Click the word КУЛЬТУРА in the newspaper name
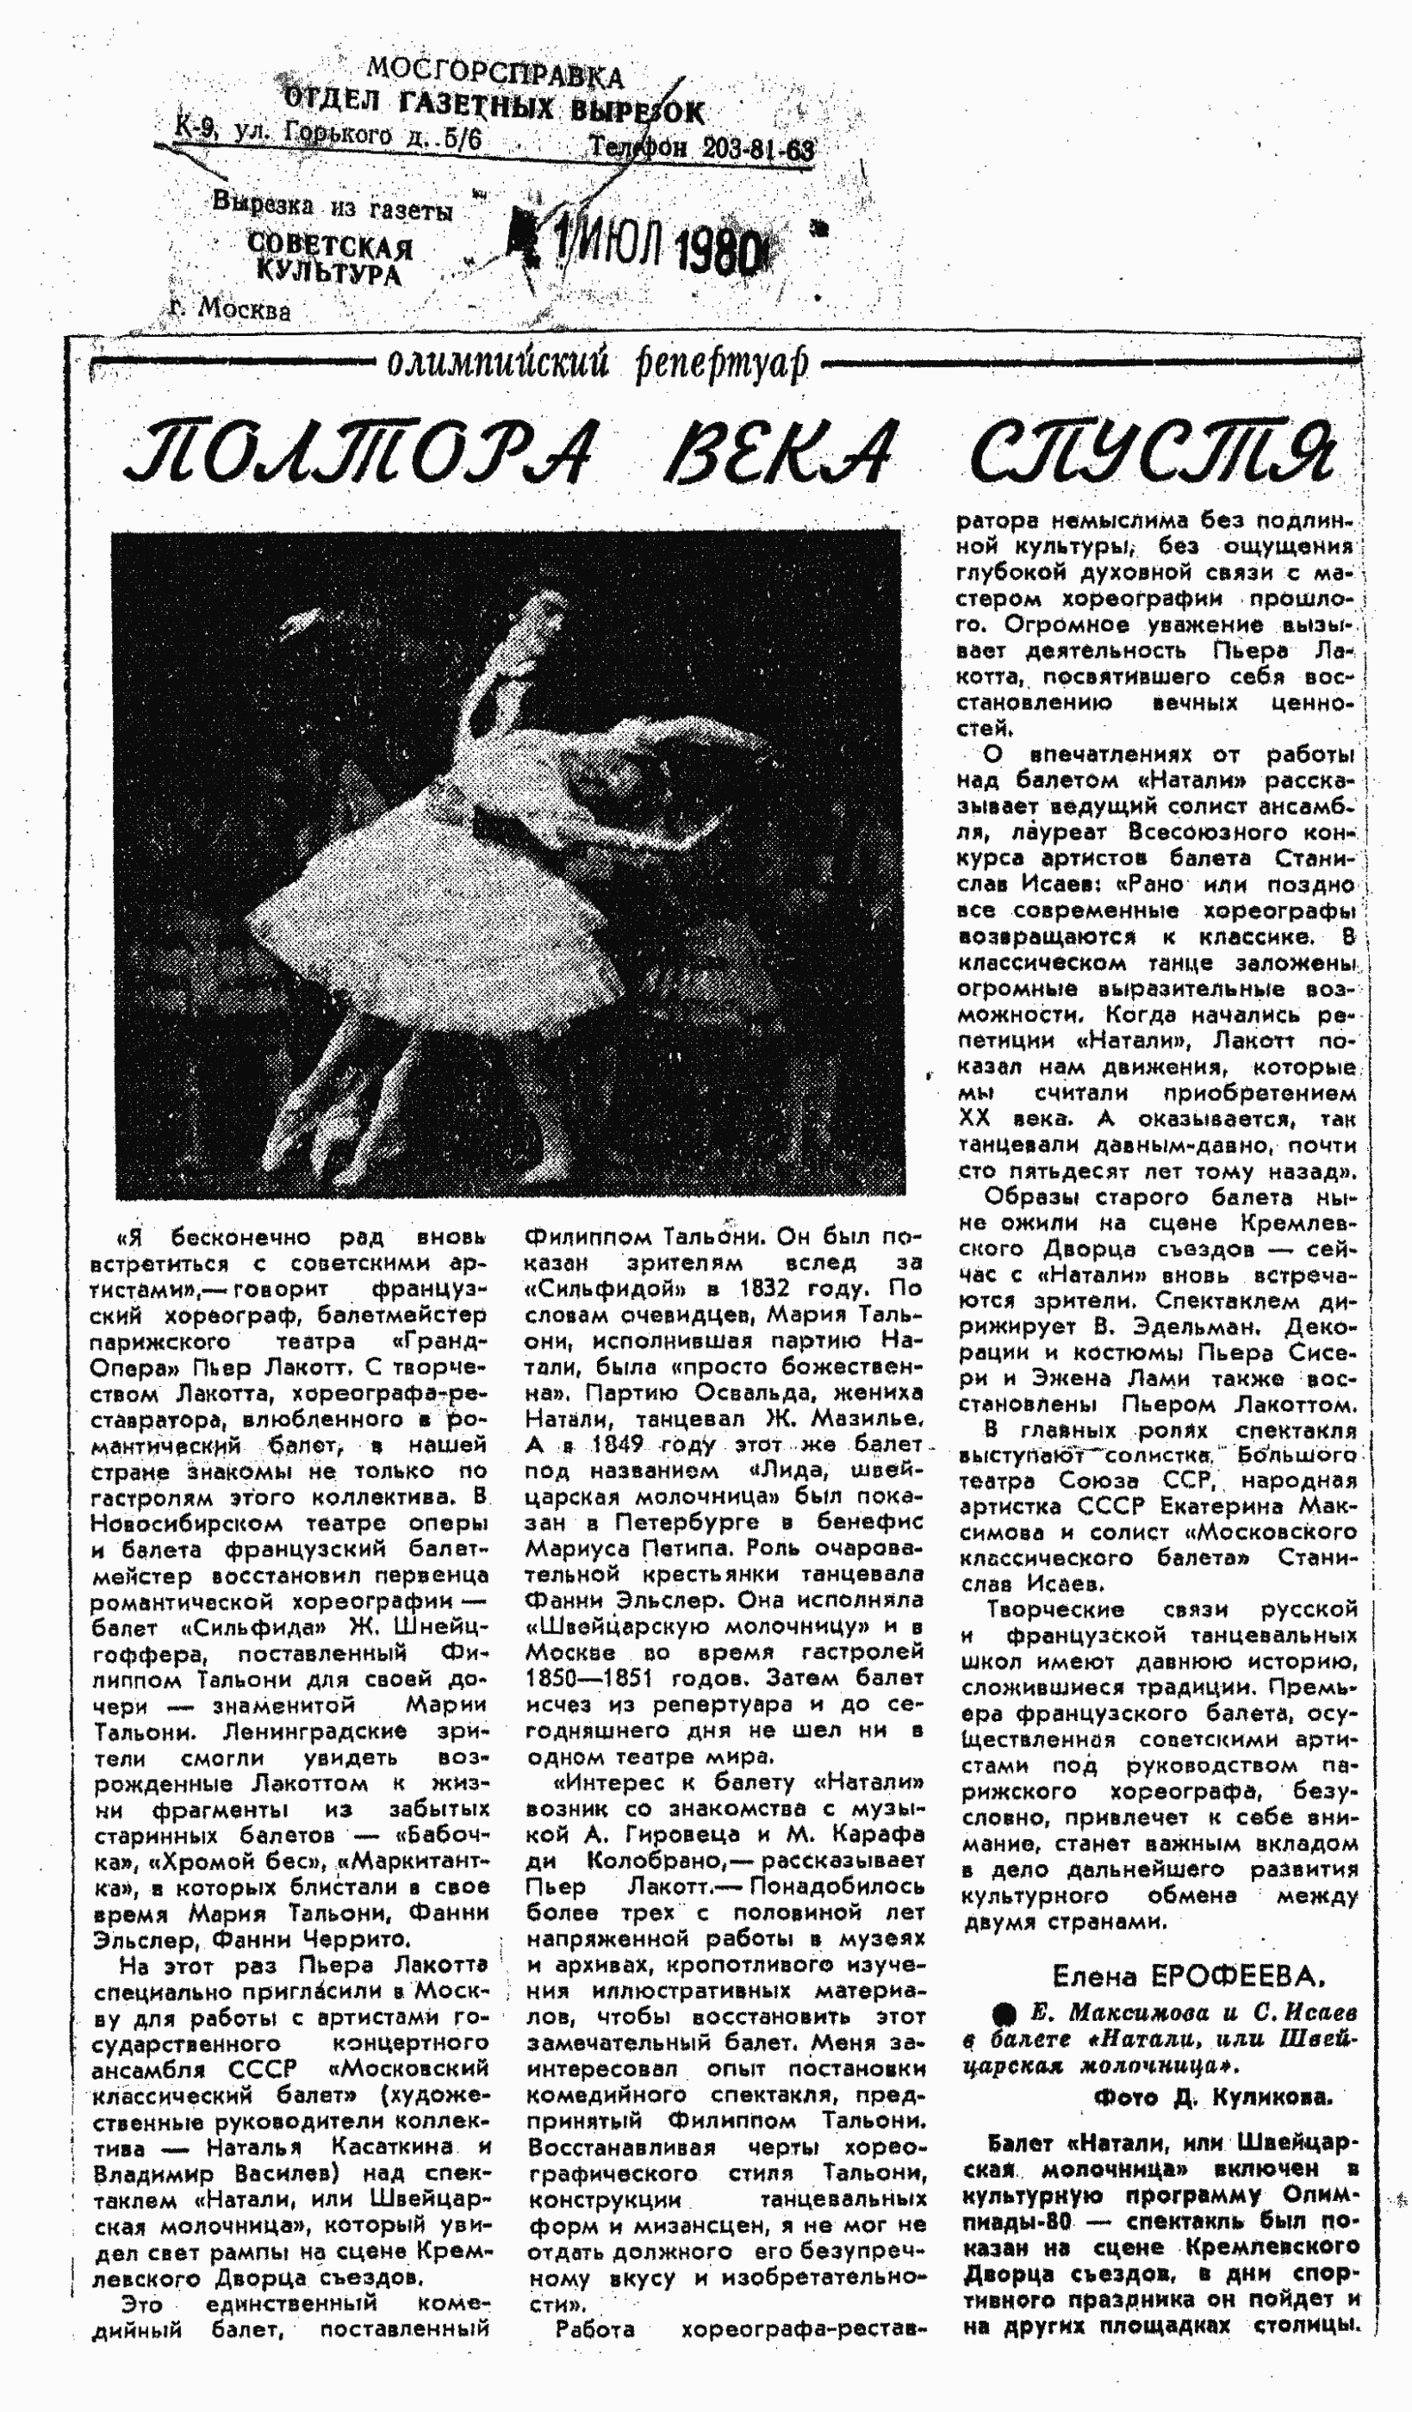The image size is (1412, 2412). pyautogui.click(x=328, y=274)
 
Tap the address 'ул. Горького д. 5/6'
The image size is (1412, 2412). pyautogui.click(x=356, y=136)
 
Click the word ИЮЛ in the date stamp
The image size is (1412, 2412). pyautogui.click(x=619, y=247)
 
